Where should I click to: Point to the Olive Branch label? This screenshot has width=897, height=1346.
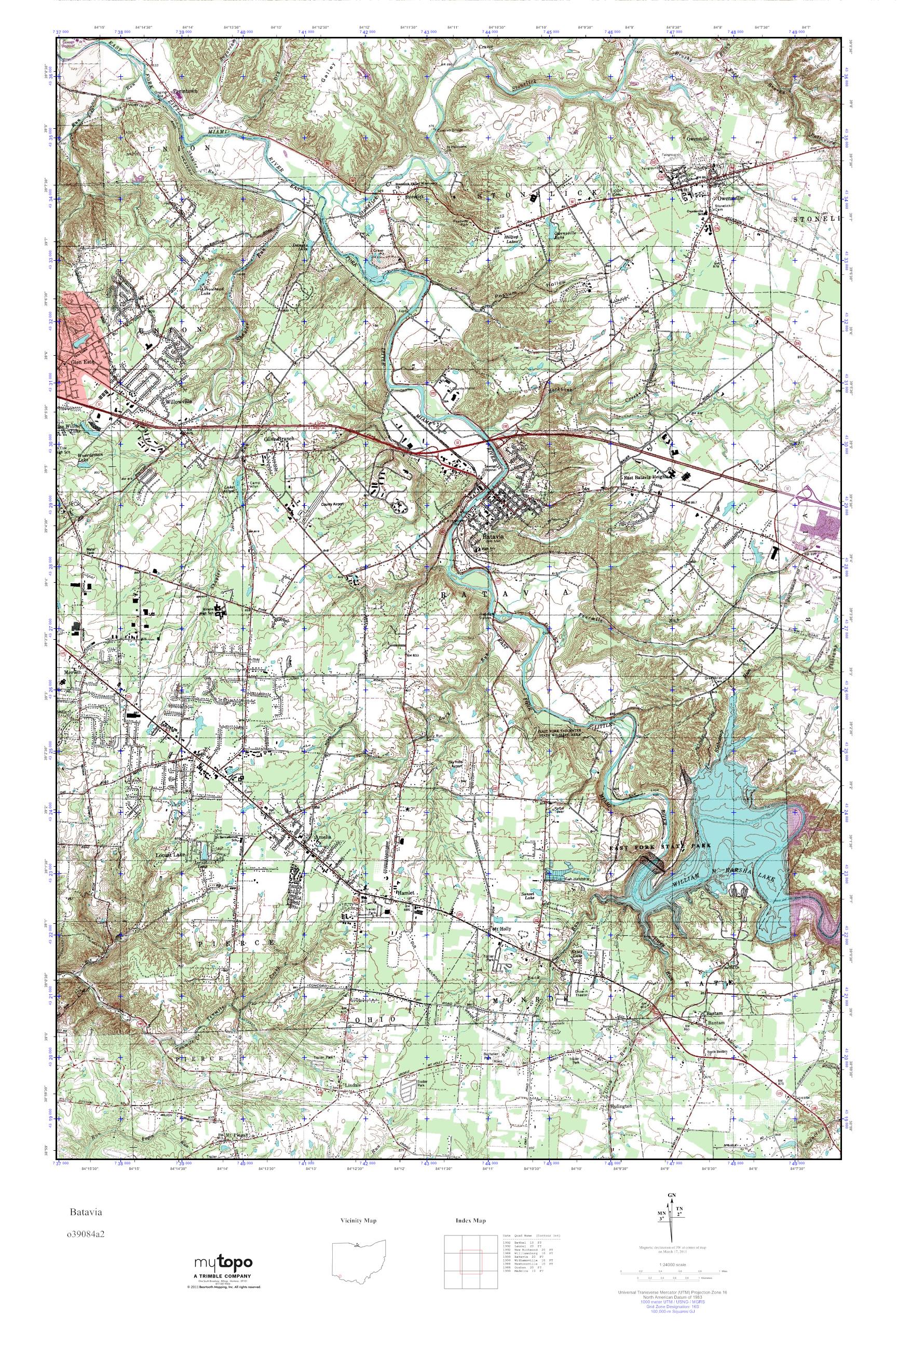pos(278,438)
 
